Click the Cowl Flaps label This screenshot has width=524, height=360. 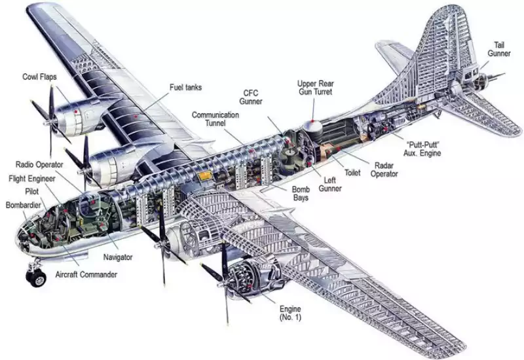click(39, 77)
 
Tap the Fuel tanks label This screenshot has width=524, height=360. click(185, 87)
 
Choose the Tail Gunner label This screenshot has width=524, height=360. click(499, 49)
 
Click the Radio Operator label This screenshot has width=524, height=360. click(40, 164)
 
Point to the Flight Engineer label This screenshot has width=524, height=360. click(32, 178)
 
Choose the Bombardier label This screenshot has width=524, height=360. click(24, 206)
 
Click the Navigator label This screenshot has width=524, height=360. click(118, 258)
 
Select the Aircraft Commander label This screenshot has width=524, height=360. click(86, 275)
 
